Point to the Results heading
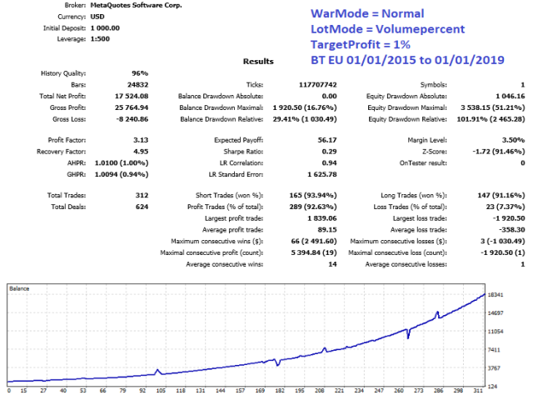click(257, 62)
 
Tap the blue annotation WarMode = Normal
click(366, 14)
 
